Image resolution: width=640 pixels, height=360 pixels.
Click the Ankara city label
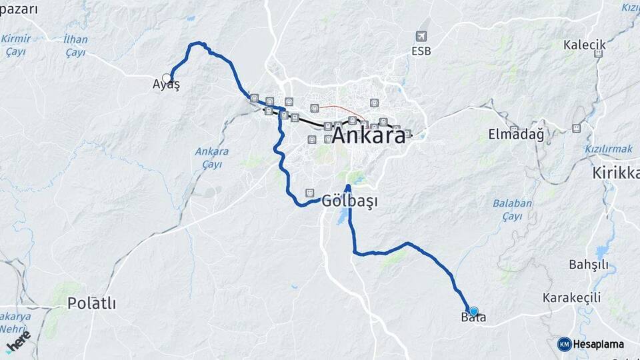coord(368,135)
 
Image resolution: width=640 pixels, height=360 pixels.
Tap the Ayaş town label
coord(166,85)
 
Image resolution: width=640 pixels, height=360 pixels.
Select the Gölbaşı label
coord(345,200)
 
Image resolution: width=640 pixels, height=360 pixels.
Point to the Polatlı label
coord(91,303)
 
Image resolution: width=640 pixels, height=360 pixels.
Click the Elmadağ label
coord(516,134)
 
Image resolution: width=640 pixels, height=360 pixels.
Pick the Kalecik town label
coord(584,45)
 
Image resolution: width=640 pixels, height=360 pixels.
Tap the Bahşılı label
coord(588,264)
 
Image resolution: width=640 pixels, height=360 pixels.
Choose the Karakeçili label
coord(571,297)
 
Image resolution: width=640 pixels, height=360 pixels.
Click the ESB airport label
coord(421,51)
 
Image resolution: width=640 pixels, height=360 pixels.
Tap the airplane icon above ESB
coord(421,35)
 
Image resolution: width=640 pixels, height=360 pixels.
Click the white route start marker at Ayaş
coord(167,78)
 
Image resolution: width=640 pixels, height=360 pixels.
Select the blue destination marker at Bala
coord(474,311)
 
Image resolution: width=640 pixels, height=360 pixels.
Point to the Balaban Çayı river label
coord(513,209)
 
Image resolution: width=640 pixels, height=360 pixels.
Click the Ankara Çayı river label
coord(212,157)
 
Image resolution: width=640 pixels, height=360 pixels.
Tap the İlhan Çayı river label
coord(75,45)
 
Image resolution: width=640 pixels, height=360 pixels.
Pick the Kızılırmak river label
coord(608,149)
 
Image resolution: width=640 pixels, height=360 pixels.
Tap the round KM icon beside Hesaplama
coord(564,344)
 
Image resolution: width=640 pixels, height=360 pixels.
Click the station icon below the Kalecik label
coord(598,53)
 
